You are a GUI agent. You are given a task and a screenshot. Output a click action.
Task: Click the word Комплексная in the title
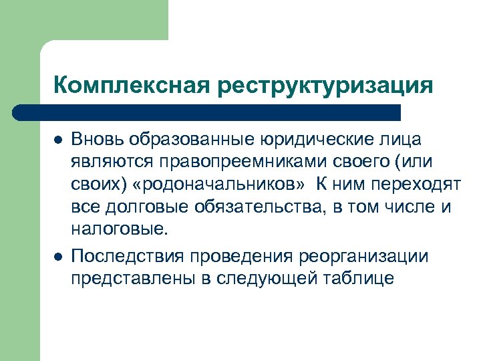pyautogui.click(x=131, y=86)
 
